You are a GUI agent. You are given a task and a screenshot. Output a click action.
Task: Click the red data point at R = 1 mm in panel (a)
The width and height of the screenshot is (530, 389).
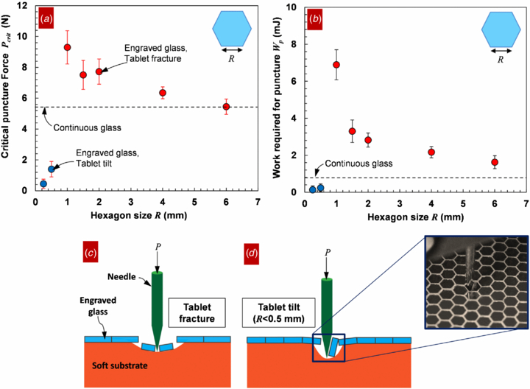pos(68,47)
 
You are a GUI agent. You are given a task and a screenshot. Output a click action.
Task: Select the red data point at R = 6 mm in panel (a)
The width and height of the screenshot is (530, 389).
pos(226,107)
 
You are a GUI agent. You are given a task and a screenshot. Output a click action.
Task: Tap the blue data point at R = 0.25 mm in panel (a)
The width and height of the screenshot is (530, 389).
pos(43,183)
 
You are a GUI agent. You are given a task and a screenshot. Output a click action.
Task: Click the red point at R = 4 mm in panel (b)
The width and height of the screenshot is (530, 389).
pos(431,153)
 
